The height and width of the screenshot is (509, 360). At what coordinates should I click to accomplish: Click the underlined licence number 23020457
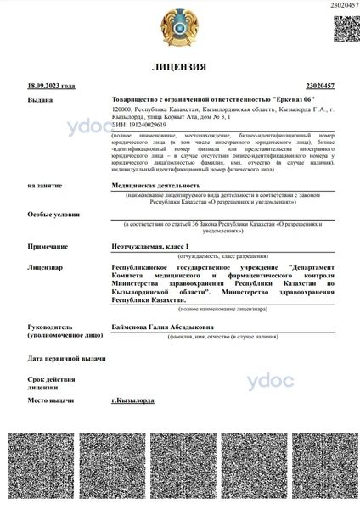point(319,86)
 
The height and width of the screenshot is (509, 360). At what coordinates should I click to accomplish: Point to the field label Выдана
point(39,99)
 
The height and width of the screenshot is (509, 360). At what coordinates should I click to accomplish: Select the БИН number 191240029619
point(139,124)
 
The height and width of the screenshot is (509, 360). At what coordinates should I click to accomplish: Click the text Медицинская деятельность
point(156,184)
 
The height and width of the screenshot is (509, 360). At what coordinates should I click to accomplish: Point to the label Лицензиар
point(45,266)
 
